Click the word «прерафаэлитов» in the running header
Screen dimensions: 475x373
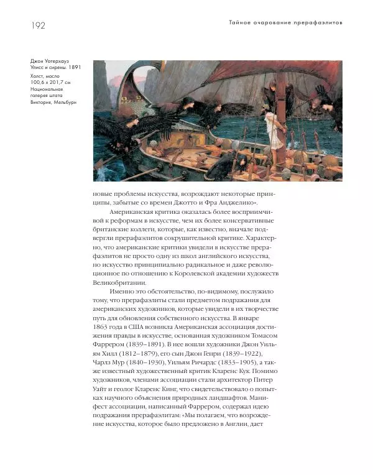pos(320,23)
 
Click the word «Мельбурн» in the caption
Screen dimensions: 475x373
pos(65,103)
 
